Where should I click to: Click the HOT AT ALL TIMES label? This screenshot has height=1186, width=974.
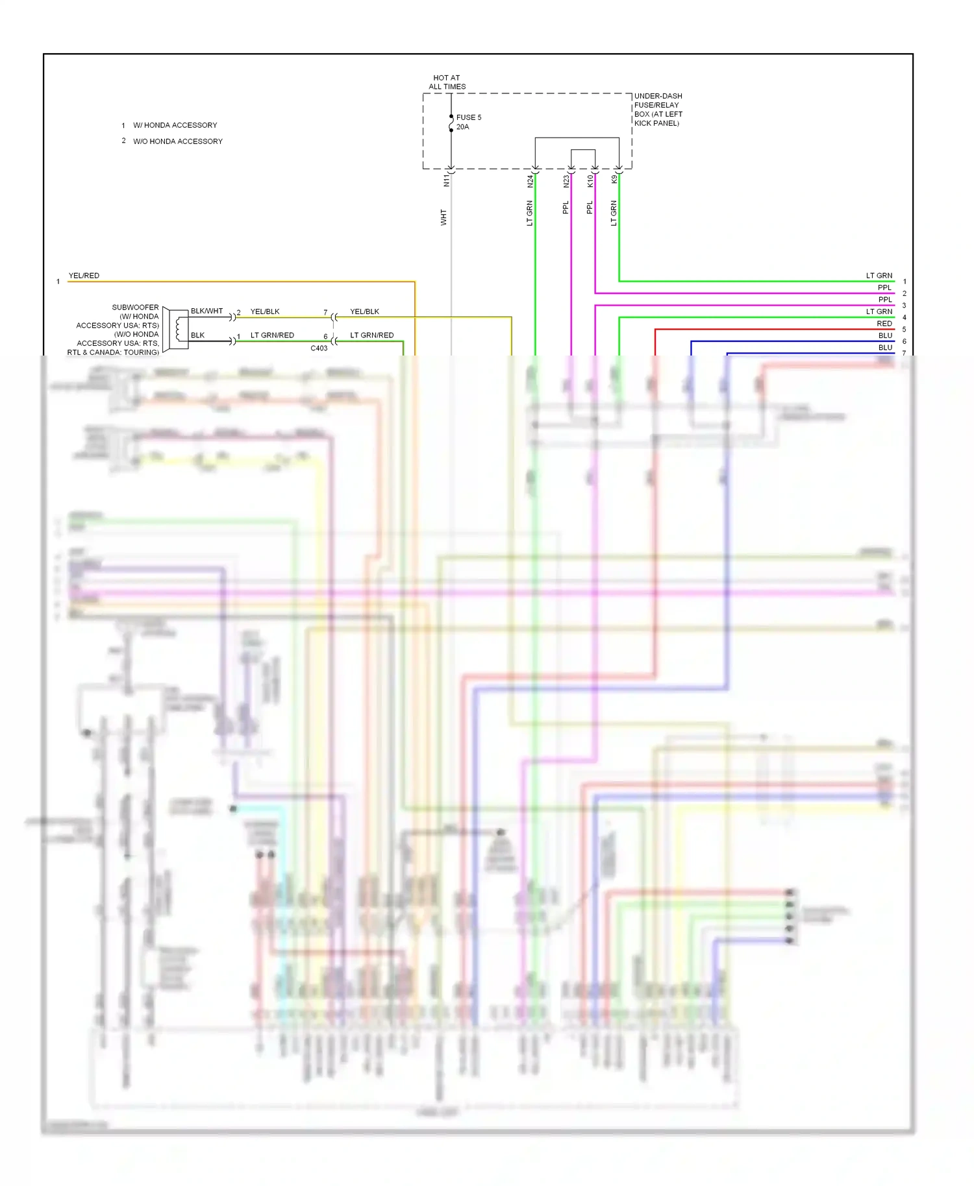pyautogui.click(x=447, y=82)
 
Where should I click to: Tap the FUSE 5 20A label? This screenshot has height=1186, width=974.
pyautogui.click(x=468, y=122)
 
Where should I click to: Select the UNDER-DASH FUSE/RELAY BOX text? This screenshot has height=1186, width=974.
pyautogui.click(x=658, y=109)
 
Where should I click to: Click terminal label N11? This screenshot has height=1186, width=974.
pyautogui.click(x=446, y=180)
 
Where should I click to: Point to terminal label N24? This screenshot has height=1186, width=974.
pyautogui.click(x=530, y=182)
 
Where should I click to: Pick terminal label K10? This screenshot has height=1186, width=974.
pyautogui.click(x=590, y=181)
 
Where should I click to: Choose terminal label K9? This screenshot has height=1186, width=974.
pyautogui.click(x=614, y=179)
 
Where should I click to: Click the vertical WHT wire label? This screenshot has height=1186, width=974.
pyautogui.click(x=443, y=217)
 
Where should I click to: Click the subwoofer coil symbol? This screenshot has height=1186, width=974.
pyautogui.click(x=178, y=330)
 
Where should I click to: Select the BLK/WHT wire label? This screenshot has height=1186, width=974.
pyautogui.click(x=206, y=311)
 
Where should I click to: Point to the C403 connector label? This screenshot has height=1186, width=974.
pyautogui.click(x=319, y=348)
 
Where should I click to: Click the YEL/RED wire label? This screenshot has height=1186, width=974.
pyautogui.click(x=84, y=276)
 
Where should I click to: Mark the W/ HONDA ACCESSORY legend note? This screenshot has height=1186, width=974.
pyautogui.click(x=175, y=125)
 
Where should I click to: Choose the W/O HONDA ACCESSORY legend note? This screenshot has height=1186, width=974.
pyautogui.click(x=177, y=141)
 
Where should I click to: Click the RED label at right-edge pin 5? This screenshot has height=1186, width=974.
pyautogui.click(x=884, y=324)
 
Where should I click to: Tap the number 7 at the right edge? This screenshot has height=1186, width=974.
pyautogui.click(x=904, y=353)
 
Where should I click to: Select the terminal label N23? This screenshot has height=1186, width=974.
pyautogui.click(x=566, y=182)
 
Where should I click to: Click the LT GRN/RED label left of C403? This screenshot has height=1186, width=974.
pyautogui.click(x=272, y=335)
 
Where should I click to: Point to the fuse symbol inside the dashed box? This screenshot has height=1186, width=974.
pyautogui.click(x=451, y=123)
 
